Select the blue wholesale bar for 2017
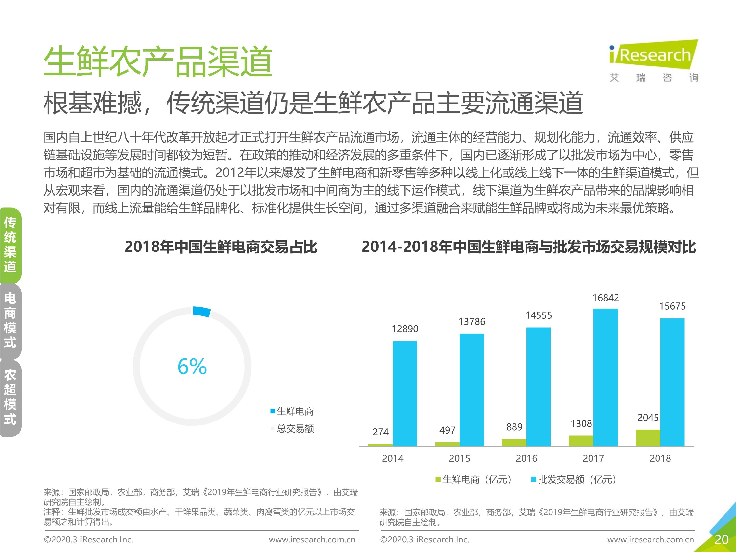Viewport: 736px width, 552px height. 605,377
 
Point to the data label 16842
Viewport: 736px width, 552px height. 605,298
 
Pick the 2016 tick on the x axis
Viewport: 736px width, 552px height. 526,458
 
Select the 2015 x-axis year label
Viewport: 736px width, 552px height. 460,458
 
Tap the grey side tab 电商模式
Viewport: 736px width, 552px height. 10,321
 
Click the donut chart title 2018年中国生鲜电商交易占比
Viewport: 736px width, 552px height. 221,247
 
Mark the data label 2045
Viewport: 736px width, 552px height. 648,417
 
